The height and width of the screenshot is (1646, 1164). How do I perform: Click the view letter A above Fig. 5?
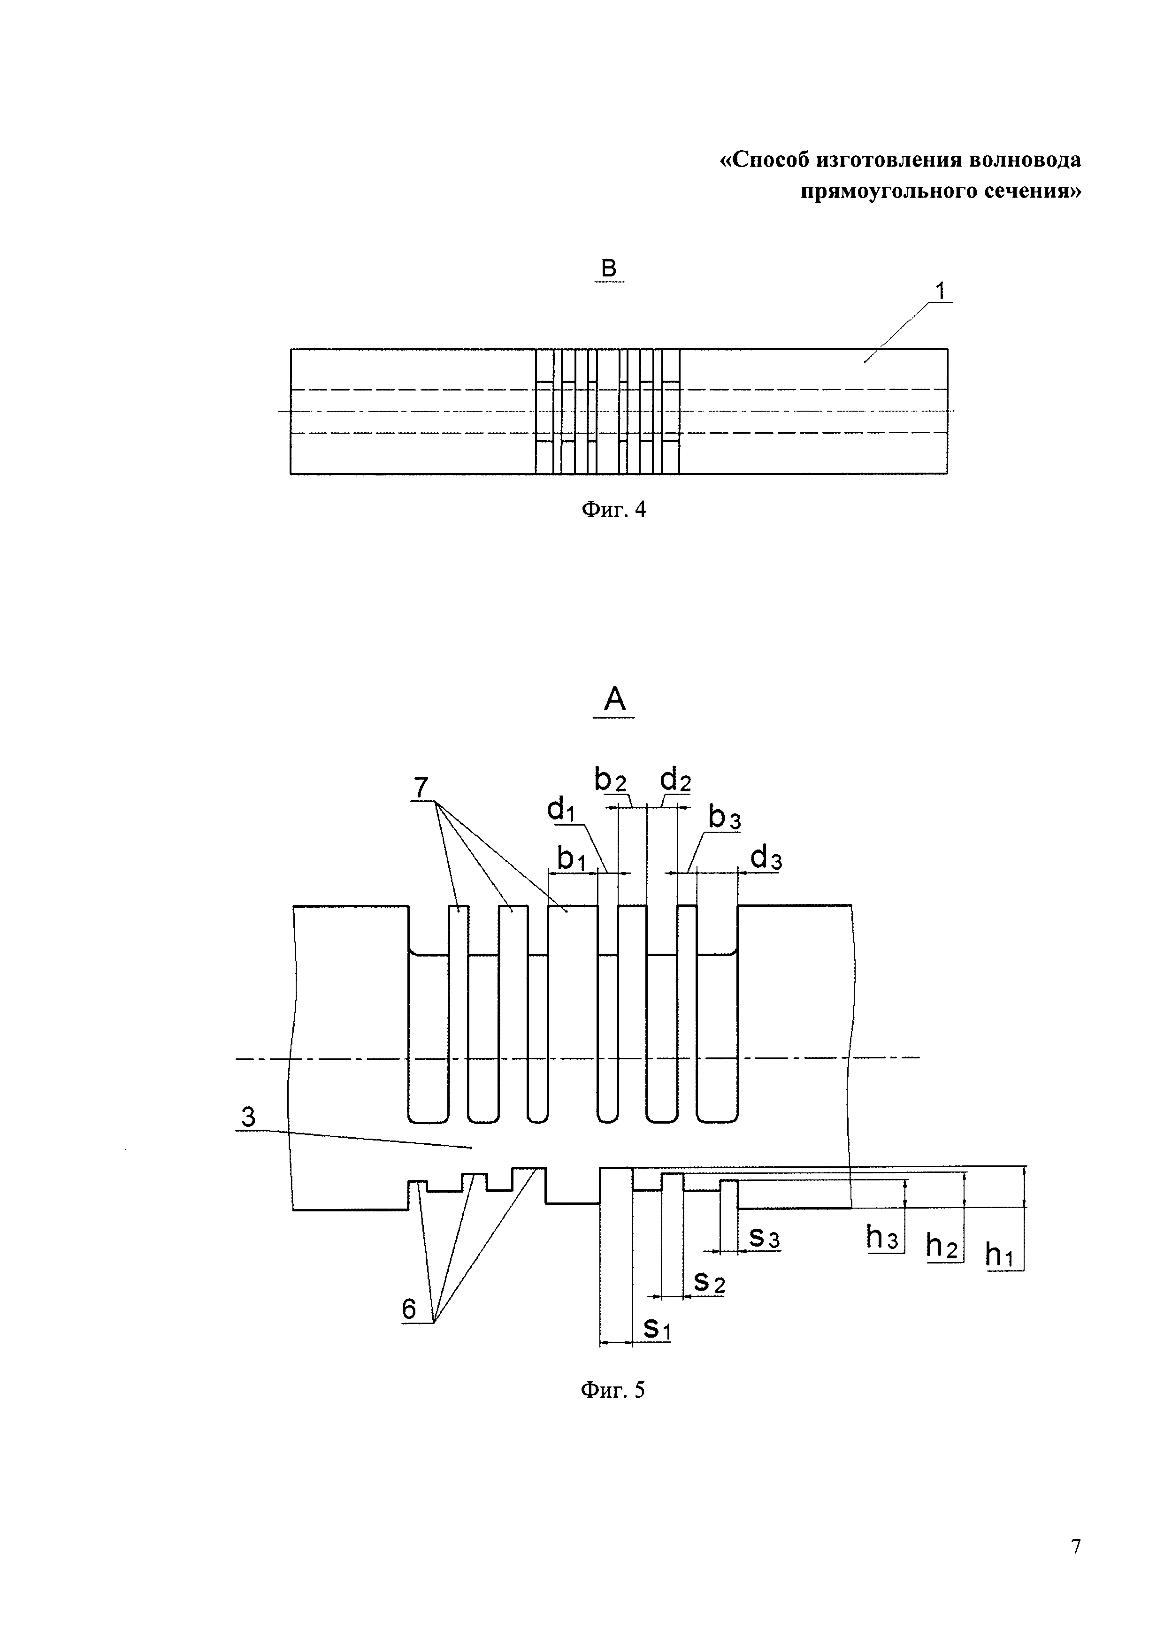click(x=614, y=698)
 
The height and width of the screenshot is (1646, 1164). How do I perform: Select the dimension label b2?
click(x=610, y=779)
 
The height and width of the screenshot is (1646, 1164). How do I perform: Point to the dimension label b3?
click(x=724, y=817)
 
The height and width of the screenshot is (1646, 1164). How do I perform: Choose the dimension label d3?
click(x=766, y=858)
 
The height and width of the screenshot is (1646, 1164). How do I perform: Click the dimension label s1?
click(x=657, y=1328)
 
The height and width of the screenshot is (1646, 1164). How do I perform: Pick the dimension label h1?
click(x=1003, y=1255)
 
